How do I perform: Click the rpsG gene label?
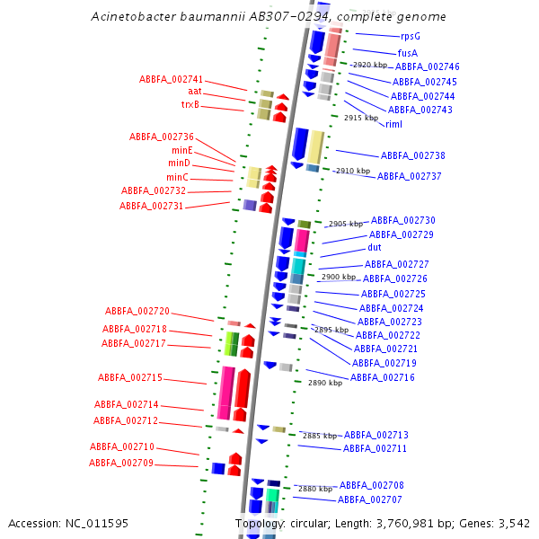[411, 37]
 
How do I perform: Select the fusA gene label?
[408, 53]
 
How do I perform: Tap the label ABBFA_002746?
[428, 66]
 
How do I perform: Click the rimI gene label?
[393, 124]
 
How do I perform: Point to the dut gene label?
[375, 247]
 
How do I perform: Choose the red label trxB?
[190, 104]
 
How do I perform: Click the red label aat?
[195, 91]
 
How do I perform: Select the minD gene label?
[179, 163]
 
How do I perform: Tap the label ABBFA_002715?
[130, 377]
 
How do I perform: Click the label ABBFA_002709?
[121, 463]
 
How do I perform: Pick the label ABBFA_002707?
[370, 499]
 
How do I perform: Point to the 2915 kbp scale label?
[360, 118]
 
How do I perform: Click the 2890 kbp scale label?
[325, 383]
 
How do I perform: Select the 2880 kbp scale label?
[315, 489]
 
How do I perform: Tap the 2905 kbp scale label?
[346, 224]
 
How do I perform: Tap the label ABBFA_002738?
[413, 155]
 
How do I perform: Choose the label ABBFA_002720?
[137, 311]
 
